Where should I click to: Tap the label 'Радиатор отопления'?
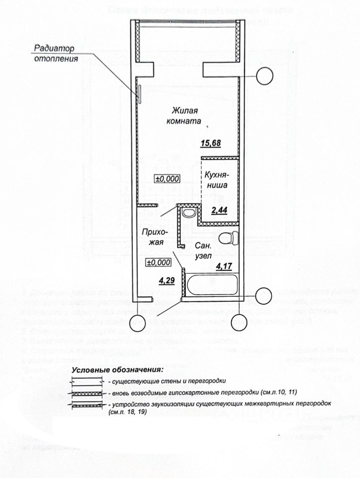point(56,54)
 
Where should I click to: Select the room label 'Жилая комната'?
point(184,115)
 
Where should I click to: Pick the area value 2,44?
point(220,211)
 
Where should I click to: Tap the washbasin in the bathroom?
point(188,213)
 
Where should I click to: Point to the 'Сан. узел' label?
point(203,250)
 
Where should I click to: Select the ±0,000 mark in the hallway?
point(158,262)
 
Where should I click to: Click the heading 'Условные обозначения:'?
point(118,370)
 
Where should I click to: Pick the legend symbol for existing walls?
point(88,382)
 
